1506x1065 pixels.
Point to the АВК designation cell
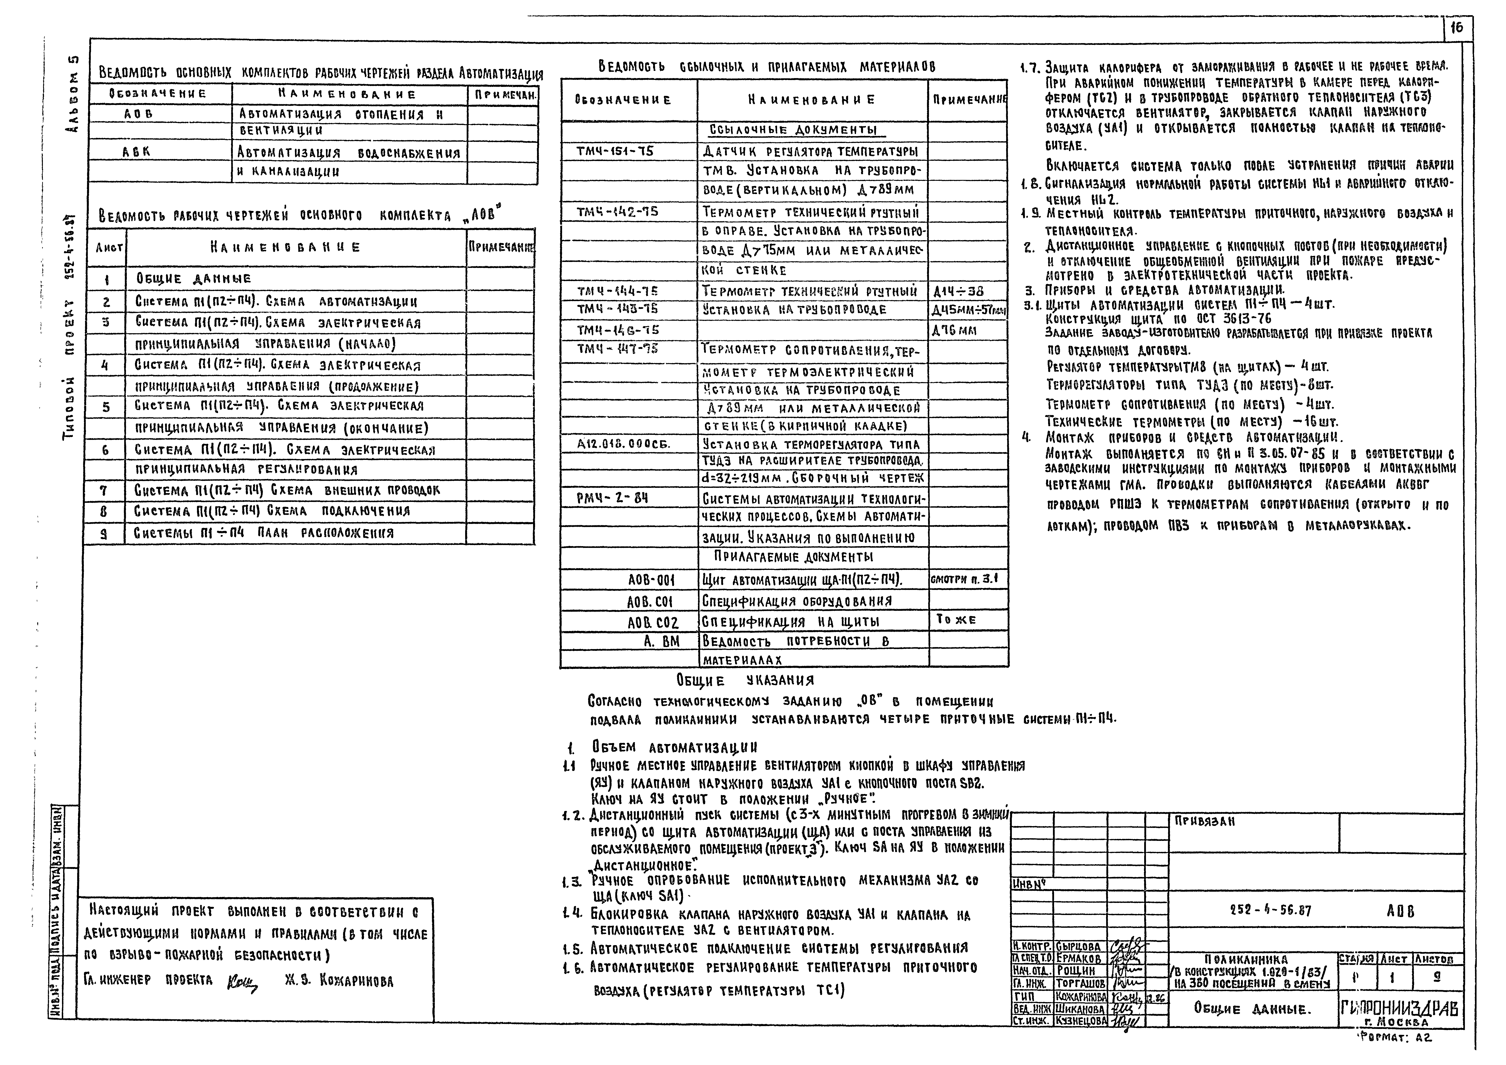[x=137, y=152]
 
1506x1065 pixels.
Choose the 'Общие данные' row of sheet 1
[x=194, y=278]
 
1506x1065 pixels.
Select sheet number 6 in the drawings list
[x=105, y=450]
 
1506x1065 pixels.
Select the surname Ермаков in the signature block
[x=1079, y=959]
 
